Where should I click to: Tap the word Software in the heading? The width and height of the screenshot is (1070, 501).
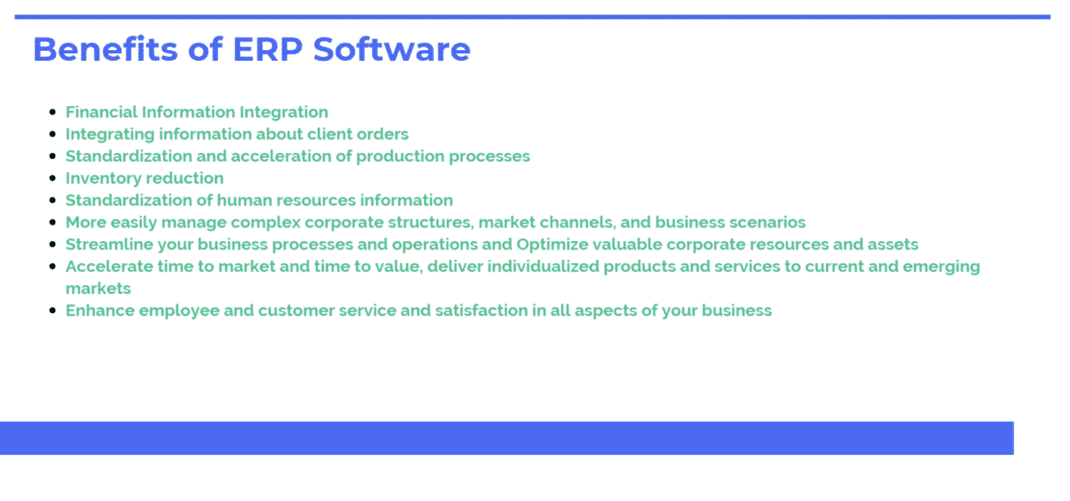(x=391, y=49)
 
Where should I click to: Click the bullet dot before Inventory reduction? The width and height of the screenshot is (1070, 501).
(x=53, y=178)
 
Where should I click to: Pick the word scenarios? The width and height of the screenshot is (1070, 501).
(x=770, y=222)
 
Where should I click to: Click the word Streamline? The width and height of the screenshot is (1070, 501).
(x=104, y=245)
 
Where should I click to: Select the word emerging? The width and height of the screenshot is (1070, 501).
(x=941, y=266)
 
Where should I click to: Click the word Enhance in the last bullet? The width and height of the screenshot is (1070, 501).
(x=99, y=311)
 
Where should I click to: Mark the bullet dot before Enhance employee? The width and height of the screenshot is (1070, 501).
(x=53, y=311)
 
